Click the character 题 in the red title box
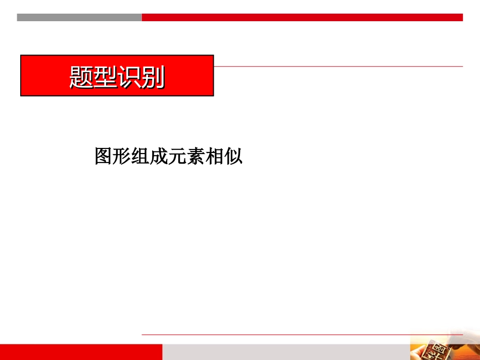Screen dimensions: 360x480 [81, 77]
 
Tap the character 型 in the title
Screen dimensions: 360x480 [105, 77]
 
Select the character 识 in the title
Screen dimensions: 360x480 [129, 77]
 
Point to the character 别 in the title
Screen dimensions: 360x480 [153, 77]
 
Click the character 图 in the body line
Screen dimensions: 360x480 [104, 157]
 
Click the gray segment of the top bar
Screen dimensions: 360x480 [79, 17]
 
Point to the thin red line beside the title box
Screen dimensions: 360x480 [339, 66]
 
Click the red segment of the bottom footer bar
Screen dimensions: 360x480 [81, 352]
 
